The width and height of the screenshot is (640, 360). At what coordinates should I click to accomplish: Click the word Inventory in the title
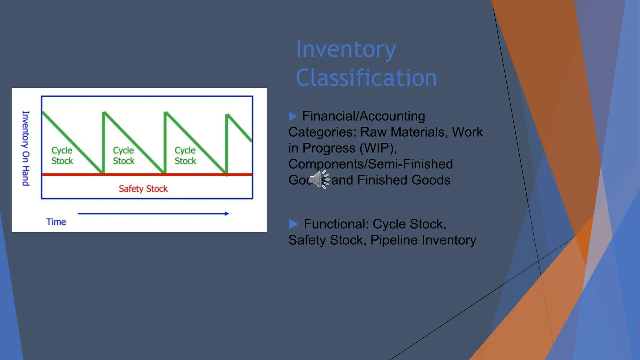[346, 49]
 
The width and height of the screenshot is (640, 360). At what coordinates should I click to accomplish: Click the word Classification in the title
[366, 78]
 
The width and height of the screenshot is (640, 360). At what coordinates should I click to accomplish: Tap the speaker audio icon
[318, 179]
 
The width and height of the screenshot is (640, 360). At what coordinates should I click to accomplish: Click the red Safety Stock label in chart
[143, 189]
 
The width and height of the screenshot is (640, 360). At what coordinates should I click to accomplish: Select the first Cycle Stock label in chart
[62, 156]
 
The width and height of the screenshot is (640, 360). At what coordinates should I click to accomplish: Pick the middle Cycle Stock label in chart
[123, 156]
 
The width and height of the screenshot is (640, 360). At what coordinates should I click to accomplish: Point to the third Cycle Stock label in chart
[185, 156]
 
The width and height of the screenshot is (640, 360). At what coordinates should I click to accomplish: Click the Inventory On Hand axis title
[26, 148]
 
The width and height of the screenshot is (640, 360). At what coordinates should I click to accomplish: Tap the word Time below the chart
[56, 222]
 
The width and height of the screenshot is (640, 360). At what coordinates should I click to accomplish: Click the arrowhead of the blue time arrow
[227, 214]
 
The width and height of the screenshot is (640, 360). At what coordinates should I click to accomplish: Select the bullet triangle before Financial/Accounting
[293, 117]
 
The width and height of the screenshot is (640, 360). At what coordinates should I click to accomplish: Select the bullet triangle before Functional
[293, 224]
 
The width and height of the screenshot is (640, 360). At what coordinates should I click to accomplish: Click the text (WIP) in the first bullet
[378, 148]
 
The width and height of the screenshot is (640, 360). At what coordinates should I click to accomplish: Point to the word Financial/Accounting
[363, 116]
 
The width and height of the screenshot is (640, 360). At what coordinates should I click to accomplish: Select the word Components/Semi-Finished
[371, 164]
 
